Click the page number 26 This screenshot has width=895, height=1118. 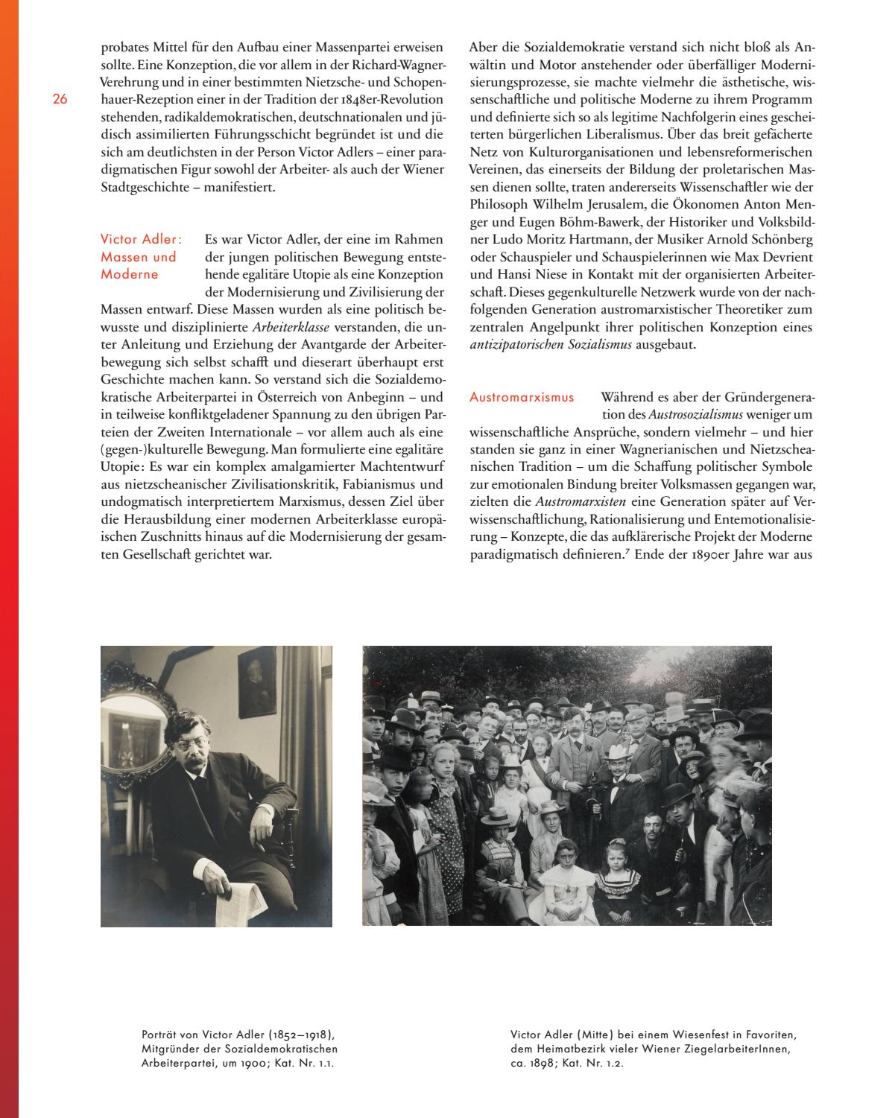point(60,99)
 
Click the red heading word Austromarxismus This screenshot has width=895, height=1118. point(522,397)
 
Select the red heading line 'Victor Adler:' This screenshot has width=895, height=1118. point(140,239)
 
